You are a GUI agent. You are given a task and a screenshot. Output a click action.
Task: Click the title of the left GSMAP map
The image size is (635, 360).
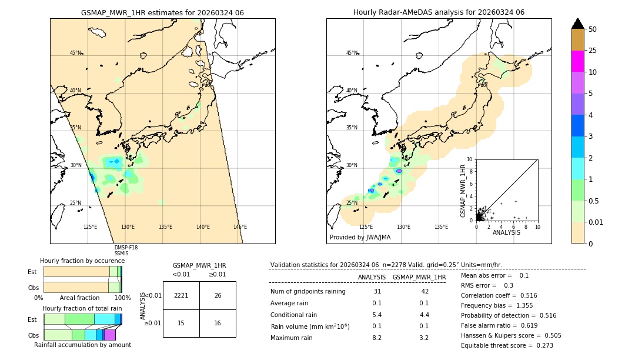pos(162,12)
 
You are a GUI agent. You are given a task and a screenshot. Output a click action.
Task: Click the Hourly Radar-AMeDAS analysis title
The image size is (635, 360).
pos(439,12)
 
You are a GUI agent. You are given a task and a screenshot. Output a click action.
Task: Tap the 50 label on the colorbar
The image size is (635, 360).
pos(593,29)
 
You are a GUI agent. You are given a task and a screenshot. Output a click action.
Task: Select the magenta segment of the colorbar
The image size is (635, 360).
pos(578,61)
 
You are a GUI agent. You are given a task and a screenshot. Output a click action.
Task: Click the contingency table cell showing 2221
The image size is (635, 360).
pos(181,295)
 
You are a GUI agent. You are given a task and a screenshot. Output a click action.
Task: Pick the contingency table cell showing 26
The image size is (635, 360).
pos(218,295)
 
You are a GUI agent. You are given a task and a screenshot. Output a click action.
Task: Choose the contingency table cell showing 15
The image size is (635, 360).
pos(181,323)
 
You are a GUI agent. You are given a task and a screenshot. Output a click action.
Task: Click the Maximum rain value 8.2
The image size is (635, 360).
pos(377,338)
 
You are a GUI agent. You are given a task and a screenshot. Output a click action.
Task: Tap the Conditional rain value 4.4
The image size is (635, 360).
pos(424,315)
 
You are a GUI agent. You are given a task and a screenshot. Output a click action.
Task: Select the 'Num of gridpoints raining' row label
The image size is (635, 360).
pos(308,292)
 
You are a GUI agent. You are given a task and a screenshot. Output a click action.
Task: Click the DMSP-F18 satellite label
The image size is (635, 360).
pos(126,248)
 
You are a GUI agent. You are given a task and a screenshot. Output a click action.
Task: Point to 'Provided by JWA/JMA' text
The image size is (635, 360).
pos(360,237)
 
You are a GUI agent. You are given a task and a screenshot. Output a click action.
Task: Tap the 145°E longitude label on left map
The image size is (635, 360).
pos(240,227)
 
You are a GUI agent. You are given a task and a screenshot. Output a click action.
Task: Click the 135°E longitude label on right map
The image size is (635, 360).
pos(441,227)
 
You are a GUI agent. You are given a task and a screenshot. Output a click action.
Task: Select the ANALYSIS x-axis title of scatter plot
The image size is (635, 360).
pos(506,232)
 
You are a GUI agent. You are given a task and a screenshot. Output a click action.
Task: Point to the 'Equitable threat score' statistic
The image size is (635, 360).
pos(507,345)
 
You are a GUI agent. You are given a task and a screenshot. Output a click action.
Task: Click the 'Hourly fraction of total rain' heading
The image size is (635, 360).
pos(82,308)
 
